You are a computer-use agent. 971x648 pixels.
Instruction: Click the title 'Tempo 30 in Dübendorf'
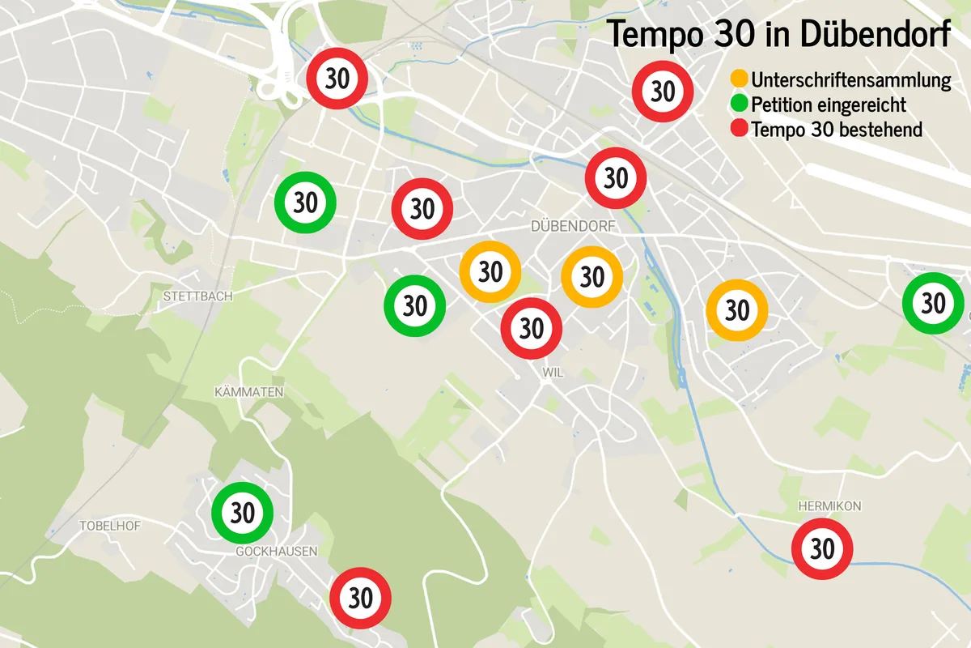[x=779, y=34]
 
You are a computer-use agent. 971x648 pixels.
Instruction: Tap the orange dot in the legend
[x=739, y=80]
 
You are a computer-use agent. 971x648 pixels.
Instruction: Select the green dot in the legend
[x=739, y=104]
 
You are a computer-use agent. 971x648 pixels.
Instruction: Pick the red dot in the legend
[x=739, y=130]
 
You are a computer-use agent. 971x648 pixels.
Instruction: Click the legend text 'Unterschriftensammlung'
[x=850, y=81]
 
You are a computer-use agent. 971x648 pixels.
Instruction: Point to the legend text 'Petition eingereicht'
[x=829, y=105]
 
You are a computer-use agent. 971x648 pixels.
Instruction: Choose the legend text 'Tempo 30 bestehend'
[x=837, y=130]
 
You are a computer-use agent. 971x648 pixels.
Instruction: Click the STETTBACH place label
[x=197, y=296]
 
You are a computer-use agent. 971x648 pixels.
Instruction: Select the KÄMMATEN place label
[x=248, y=392]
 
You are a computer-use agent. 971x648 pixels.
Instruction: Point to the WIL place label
[x=553, y=372]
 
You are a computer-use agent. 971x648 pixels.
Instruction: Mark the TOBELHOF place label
[x=110, y=526]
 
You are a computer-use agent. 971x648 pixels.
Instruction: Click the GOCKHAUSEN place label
[x=276, y=551]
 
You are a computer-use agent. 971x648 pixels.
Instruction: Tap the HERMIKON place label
[x=829, y=506]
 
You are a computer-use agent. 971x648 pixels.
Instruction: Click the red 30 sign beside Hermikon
[x=822, y=548]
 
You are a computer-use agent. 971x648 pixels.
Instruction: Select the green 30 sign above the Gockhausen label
[x=243, y=513]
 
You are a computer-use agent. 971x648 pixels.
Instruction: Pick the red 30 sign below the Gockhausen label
[x=361, y=599]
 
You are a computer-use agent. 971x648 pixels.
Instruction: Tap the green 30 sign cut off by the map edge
[x=933, y=304]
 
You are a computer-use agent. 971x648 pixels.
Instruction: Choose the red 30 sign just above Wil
[x=532, y=328]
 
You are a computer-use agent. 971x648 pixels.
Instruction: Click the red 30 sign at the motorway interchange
[x=337, y=79]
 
